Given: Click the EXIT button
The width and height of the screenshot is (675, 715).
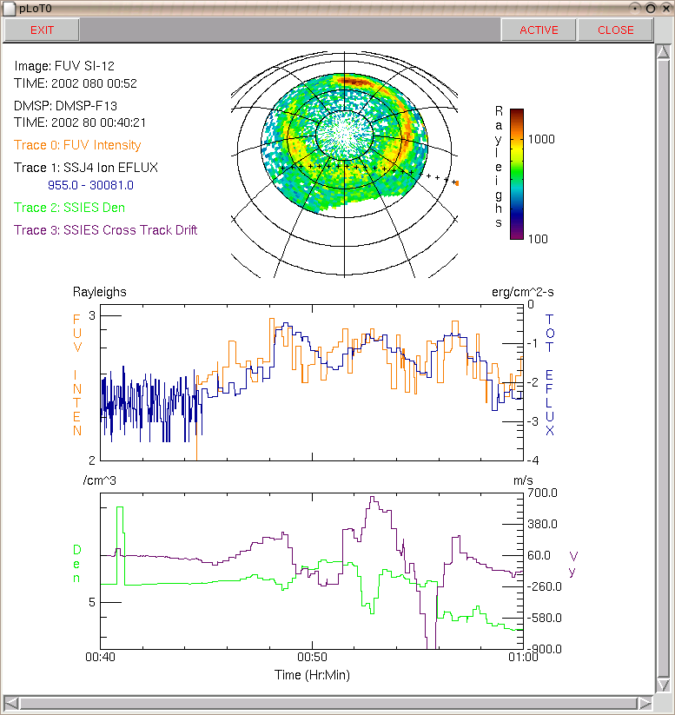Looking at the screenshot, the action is [x=42, y=30].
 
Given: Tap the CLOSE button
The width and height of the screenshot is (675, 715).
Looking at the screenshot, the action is [x=615, y=30].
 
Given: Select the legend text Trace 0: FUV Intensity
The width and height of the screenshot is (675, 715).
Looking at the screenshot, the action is [x=77, y=145].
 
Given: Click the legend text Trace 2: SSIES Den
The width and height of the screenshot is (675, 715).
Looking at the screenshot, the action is [x=69, y=208].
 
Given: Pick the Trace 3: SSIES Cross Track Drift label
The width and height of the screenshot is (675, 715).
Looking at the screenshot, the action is [x=105, y=230].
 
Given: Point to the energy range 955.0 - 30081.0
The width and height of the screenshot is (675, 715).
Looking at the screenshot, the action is [x=90, y=185].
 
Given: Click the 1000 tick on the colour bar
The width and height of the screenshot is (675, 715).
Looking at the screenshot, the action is [x=541, y=139].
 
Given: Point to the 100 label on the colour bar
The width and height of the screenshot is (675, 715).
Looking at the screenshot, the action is [x=538, y=239].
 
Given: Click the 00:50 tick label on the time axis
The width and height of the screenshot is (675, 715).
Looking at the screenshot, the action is [x=312, y=657].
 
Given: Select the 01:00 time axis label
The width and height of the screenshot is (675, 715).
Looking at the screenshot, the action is [x=523, y=657].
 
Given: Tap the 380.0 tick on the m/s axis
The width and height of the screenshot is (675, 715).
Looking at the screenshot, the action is [x=542, y=524].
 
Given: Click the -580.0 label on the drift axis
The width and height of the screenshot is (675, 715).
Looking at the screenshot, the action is [x=544, y=618].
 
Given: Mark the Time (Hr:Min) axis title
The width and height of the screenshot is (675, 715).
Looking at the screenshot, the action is [x=312, y=675].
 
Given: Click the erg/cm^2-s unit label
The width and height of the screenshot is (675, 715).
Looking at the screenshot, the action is [x=523, y=292].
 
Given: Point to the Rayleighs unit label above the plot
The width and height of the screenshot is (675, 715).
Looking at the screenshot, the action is [x=99, y=292].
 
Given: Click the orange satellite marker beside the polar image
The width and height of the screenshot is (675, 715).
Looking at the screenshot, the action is [x=457, y=183].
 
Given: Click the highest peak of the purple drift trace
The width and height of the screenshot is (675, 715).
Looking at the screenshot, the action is [x=373, y=497].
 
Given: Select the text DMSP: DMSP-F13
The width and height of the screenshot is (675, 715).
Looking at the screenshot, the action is [x=65, y=106].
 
